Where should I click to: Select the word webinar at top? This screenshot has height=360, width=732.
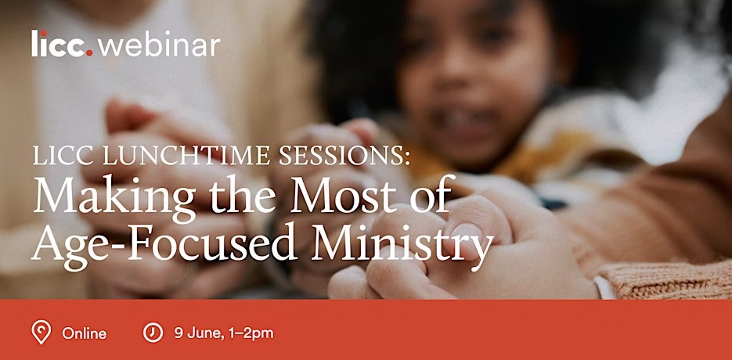tap(159, 45)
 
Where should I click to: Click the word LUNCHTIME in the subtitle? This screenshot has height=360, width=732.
tap(188, 156)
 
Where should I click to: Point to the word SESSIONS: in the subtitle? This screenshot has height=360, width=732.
tap(344, 156)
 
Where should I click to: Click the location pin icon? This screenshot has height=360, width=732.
tap(41, 332)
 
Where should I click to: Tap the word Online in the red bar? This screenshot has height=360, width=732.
tap(84, 334)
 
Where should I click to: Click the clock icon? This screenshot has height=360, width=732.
tap(153, 333)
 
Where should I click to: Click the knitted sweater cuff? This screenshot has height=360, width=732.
tap(664, 279)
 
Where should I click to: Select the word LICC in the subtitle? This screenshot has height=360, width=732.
tap(64, 156)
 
